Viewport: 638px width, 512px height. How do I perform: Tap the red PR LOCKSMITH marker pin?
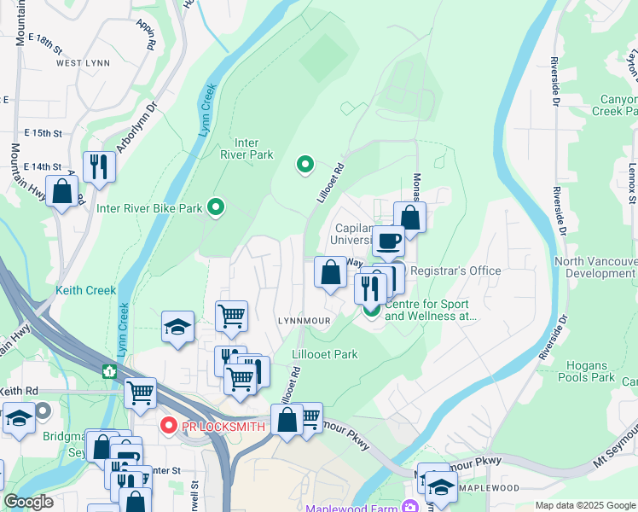(x=168, y=424)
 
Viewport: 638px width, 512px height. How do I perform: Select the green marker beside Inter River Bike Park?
(x=217, y=207)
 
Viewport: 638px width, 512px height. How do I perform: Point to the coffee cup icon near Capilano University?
(x=389, y=241)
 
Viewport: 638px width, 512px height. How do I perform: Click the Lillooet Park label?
(x=325, y=354)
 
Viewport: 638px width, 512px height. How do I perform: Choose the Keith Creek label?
(x=85, y=290)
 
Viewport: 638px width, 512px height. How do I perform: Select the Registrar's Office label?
(x=455, y=271)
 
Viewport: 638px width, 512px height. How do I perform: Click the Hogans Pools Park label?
(x=586, y=371)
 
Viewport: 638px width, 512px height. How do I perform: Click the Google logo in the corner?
(x=29, y=502)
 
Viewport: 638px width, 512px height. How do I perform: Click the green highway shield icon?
(x=108, y=372)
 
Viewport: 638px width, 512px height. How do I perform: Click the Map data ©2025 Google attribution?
(x=583, y=505)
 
